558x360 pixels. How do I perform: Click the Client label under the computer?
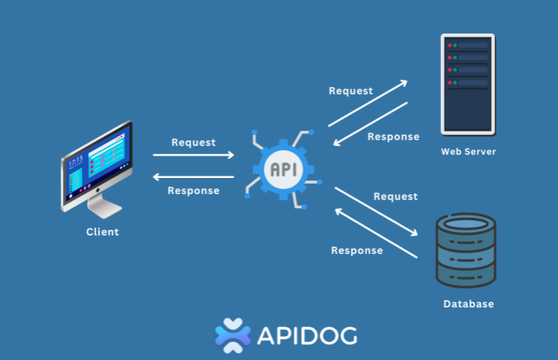(x=102, y=232)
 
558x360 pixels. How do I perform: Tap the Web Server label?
(x=469, y=152)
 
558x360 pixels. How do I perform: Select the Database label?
(x=469, y=304)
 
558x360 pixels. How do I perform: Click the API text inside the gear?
(x=283, y=169)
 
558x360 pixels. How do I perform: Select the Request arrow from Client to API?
(x=194, y=156)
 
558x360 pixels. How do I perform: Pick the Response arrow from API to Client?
(x=194, y=177)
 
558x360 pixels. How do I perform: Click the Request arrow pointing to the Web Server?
(x=367, y=103)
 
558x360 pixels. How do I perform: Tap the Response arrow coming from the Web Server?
(x=371, y=124)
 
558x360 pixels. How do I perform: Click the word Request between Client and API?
(x=194, y=143)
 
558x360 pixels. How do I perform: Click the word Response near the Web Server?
(x=394, y=136)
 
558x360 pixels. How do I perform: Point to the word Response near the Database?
(x=357, y=250)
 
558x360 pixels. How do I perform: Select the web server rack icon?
(x=468, y=85)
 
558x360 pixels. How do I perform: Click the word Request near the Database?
(x=396, y=196)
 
